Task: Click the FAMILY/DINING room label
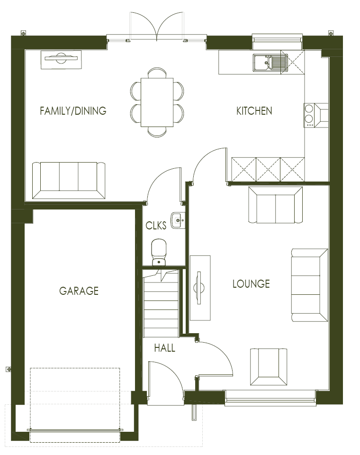[x=73, y=111]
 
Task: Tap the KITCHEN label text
[x=254, y=111]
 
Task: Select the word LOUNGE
[x=251, y=284]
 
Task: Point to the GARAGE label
[x=79, y=291]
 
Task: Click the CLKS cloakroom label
[x=156, y=226]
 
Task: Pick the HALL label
[x=164, y=348]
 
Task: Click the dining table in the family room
[x=157, y=102]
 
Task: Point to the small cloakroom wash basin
[x=178, y=219]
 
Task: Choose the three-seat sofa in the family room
[x=69, y=180]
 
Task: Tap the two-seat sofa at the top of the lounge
[x=275, y=205]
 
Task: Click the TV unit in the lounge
[x=200, y=288]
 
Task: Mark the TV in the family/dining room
[x=61, y=59]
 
